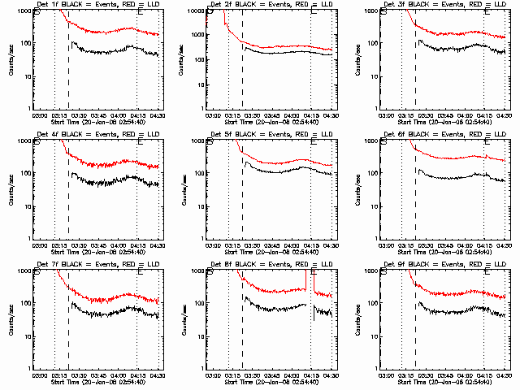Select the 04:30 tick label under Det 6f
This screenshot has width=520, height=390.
point(503,246)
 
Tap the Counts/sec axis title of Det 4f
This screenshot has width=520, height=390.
point(8,190)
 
